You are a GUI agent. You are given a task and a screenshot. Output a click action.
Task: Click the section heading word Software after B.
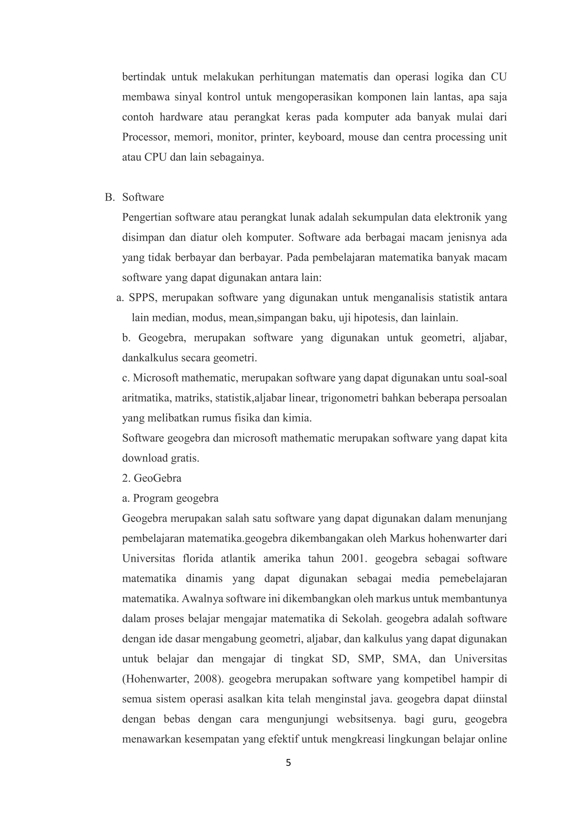[x=143, y=197]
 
